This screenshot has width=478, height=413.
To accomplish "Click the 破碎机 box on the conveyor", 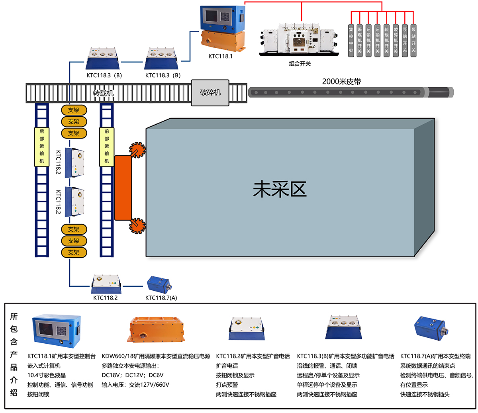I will pyautogui.click(x=210, y=92).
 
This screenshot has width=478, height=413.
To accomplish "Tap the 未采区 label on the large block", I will pyautogui.click(x=280, y=190).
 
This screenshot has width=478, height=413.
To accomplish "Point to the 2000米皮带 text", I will pyautogui.click(x=341, y=82).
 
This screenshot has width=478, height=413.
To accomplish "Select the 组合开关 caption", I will pyautogui.click(x=300, y=64).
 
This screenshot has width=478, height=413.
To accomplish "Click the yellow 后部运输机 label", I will pyautogui.click(x=42, y=146).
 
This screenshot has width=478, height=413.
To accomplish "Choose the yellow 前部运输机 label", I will pyautogui.click(x=106, y=146).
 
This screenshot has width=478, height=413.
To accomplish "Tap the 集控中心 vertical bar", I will pyautogui.click(x=351, y=40).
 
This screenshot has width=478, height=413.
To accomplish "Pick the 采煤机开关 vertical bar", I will pyautogui.click(x=360, y=40).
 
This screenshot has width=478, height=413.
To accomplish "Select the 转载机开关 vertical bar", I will pyautogui.click(x=386, y=40).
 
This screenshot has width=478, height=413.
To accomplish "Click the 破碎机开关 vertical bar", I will pyautogui.click(x=396, y=40).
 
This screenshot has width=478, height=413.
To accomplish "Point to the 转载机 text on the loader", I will pyautogui.click(x=103, y=93).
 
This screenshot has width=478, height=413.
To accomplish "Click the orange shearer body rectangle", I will pyautogui.click(x=123, y=188).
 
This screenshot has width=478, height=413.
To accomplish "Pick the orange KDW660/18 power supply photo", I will pyautogui.click(x=158, y=329).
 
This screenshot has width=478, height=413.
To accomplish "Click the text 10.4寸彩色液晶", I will pyautogui.click(x=47, y=375).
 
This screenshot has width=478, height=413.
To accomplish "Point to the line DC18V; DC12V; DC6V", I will pyautogui.click(x=133, y=375).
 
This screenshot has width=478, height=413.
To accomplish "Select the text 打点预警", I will pyautogui.click(x=227, y=385).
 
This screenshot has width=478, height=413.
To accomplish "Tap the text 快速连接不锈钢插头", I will pyautogui.click(x=425, y=394).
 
